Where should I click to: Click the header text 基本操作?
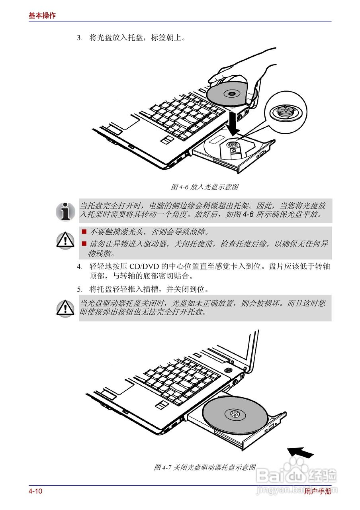point(42,16)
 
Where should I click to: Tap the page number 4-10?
point(35,491)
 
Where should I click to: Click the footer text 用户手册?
point(317,491)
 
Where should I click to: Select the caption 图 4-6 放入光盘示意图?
point(205,186)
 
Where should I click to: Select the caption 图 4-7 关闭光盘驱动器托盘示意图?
point(205,467)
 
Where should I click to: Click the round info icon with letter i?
point(65,211)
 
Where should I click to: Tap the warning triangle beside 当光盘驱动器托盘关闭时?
point(65,308)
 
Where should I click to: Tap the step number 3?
point(79,38)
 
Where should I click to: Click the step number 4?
point(79,267)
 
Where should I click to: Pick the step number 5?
point(79,289)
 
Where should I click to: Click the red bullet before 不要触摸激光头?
point(84,231)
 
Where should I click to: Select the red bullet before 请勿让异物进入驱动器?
point(84,243)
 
